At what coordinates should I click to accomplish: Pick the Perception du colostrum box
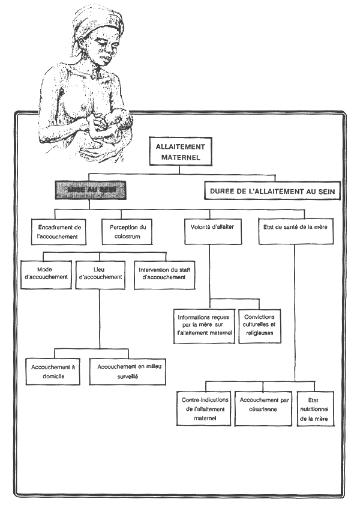128,232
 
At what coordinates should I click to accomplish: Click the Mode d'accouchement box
46,274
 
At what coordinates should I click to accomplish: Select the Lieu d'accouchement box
100,274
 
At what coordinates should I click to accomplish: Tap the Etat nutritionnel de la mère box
315,408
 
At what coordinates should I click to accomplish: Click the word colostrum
128,237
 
